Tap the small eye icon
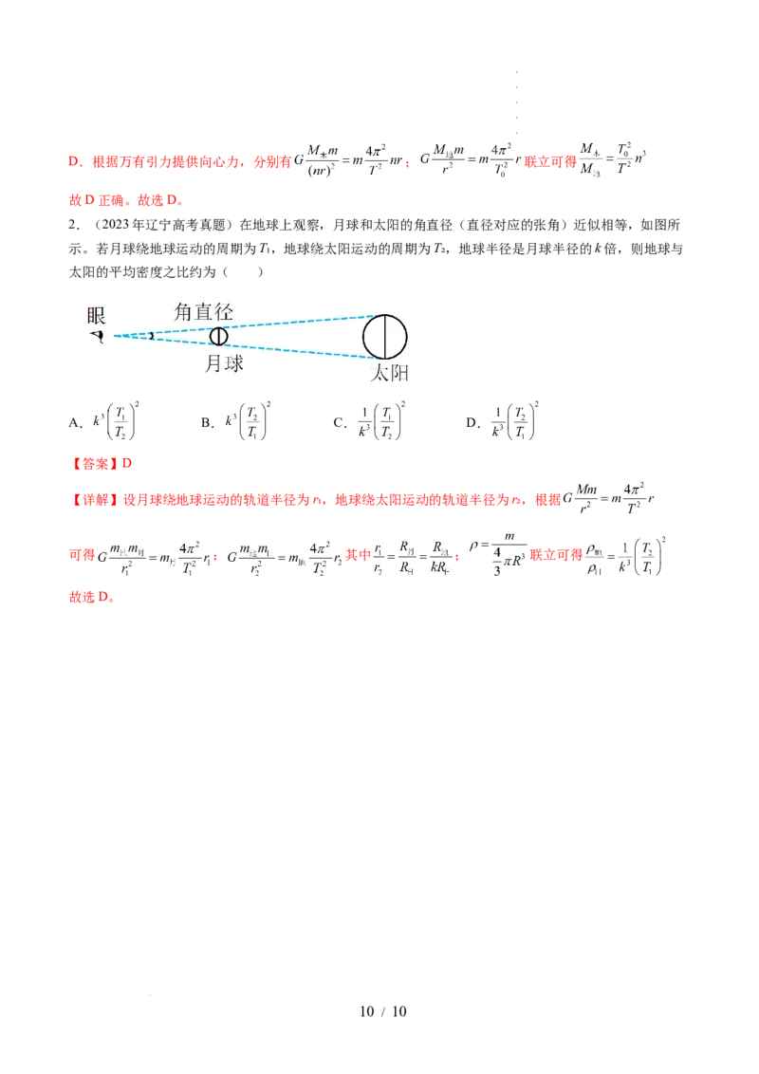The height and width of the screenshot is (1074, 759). point(96,335)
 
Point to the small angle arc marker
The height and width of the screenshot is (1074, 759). point(149,335)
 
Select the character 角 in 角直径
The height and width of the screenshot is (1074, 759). point(184,311)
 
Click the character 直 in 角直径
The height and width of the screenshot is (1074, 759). point(204,311)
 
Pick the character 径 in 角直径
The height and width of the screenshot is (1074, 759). point(224,311)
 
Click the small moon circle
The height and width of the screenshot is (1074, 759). point(219,335)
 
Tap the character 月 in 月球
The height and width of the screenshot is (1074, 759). point(213,363)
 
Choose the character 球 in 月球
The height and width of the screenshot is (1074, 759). point(233,363)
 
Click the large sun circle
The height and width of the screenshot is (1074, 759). point(385,337)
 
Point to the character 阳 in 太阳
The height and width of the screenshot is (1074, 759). point(398,374)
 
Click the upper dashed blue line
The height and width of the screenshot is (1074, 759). point(285,322)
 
